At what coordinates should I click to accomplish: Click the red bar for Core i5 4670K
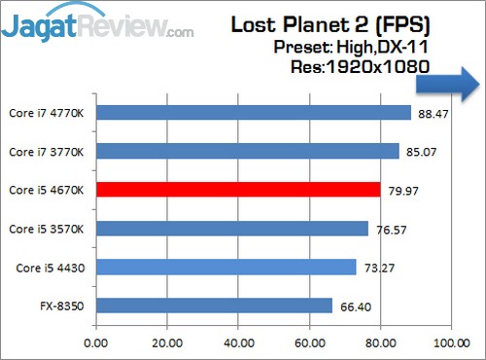[238, 190]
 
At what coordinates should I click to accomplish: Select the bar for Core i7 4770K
[254, 113]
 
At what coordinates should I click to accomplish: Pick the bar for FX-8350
[214, 306]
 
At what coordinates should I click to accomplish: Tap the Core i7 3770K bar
[248, 151]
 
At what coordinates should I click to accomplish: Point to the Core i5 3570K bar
[232, 229]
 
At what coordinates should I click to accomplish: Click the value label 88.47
[433, 113]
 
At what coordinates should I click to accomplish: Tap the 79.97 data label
[401, 190]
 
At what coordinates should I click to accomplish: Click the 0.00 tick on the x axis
[96, 342]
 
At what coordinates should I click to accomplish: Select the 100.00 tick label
[449, 342]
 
